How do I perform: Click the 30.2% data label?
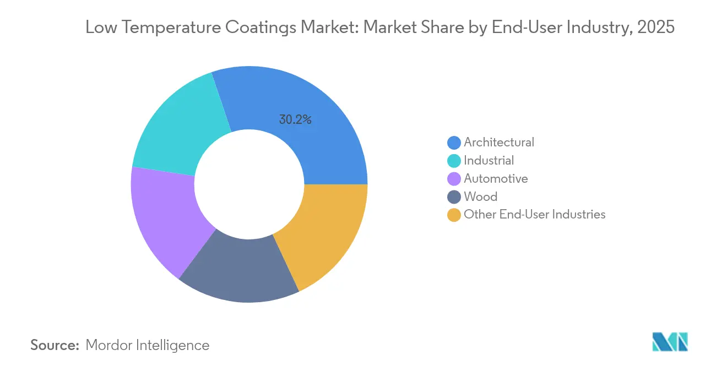tap(295, 119)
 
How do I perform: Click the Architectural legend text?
tap(499, 142)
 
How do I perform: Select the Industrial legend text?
tap(489, 160)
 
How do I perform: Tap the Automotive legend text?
tap(496, 178)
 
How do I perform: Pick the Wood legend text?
tap(480, 196)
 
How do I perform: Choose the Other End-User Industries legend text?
tap(535, 215)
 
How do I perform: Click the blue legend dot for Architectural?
tap(454, 143)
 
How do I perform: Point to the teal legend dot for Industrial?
tap(454, 161)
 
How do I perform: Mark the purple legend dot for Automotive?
tap(454, 179)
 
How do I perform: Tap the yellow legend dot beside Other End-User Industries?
tap(454, 215)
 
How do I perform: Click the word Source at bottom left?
tap(55, 345)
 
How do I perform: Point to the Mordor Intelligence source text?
tap(148, 345)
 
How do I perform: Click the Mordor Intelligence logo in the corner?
tap(670, 341)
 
